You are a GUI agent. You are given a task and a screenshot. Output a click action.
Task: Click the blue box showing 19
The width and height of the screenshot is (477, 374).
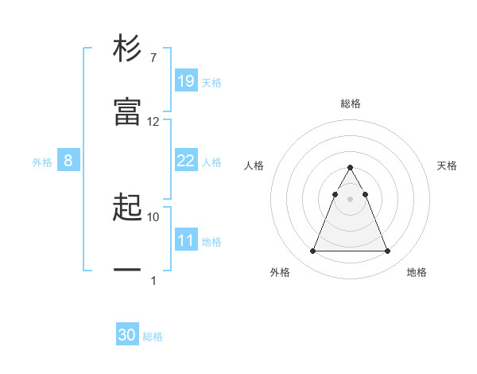pyautogui.click(x=185, y=81)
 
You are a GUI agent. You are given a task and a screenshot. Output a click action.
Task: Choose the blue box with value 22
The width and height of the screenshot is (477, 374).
pyautogui.click(x=185, y=161)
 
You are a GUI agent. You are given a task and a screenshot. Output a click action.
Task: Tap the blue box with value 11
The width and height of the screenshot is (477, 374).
pyautogui.click(x=185, y=240)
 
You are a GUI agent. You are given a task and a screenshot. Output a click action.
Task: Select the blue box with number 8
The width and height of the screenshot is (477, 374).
pyautogui.click(x=68, y=161)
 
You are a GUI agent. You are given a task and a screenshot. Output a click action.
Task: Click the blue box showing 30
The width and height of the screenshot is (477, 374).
pyautogui.click(x=127, y=336)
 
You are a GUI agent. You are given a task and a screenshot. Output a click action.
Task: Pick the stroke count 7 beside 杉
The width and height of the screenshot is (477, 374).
pyautogui.click(x=153, y=58)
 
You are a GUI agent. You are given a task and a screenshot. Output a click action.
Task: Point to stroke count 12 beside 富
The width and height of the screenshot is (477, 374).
pyautogui.click(x=153, y=122)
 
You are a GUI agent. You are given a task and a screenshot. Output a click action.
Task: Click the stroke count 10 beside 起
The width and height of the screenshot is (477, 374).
pyautogui.click(x=153, y=216)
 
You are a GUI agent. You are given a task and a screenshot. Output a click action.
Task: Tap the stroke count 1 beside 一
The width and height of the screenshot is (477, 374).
pyautogui.click(x=153, y=280)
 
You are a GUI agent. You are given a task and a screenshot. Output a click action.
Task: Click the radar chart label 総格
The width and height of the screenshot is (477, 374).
pyautogui.click(x=351, y=103)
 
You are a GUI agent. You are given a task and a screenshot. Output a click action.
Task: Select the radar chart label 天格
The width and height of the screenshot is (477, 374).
pyautogui.click(x=447, y=166)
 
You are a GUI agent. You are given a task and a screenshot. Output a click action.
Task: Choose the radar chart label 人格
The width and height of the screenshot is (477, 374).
pyautogui.click(x=254, y=166)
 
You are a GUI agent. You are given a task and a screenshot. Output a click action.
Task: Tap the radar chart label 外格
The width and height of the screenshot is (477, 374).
pyautogui.click(x=280, y=272)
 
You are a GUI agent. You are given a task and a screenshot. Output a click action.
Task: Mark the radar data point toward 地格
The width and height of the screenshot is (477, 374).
pyautogui.click(x=387, y=251)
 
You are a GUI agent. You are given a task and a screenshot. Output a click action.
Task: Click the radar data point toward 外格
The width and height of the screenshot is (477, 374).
pyautogui.click(x=313, y=251)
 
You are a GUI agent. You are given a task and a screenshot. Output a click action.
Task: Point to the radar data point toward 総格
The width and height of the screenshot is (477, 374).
pyautogui.click(x=351, y=168)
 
